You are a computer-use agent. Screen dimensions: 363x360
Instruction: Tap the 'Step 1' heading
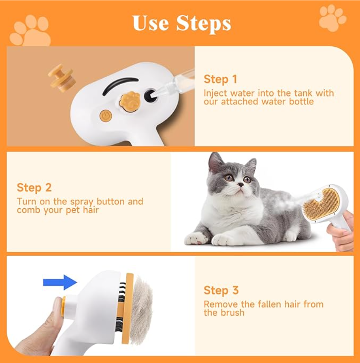[220, 79]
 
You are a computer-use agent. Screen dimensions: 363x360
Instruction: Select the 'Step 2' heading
[34, 188]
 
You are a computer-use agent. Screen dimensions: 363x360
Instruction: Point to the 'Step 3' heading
[221, 290]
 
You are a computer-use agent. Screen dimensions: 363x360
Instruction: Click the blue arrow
[60, 282]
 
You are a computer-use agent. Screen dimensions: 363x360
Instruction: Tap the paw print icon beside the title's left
[30, 31]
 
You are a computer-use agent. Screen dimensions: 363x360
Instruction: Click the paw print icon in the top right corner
[332, 18]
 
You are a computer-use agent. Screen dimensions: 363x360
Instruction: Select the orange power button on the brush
[105, 115]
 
